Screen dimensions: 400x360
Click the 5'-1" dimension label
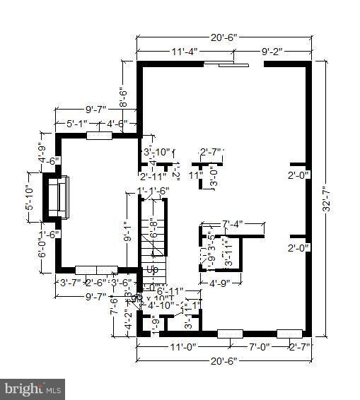click(78, 123)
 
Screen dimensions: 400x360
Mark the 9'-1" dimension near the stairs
click(129, 233)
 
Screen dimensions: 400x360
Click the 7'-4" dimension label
click(232, 223)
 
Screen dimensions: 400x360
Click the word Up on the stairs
click(152, 269)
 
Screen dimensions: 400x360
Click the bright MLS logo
click(33, 388)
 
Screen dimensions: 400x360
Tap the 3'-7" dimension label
click(69, 283)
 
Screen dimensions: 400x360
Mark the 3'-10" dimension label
click(157, 152)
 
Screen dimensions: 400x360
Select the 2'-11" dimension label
click(153, 175)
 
